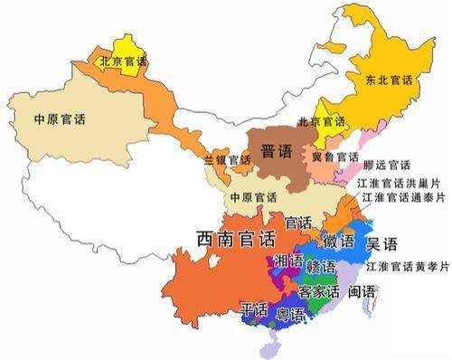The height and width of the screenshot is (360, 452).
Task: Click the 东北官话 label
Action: point(390,81)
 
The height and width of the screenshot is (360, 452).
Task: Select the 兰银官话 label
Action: point(227,160)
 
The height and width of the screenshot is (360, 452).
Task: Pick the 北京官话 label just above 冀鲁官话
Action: point(321,121)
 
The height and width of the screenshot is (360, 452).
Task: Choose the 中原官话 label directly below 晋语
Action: point(252,197)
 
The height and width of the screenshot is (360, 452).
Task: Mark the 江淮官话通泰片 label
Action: point(403,196)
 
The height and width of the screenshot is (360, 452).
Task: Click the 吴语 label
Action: point(381,243)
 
